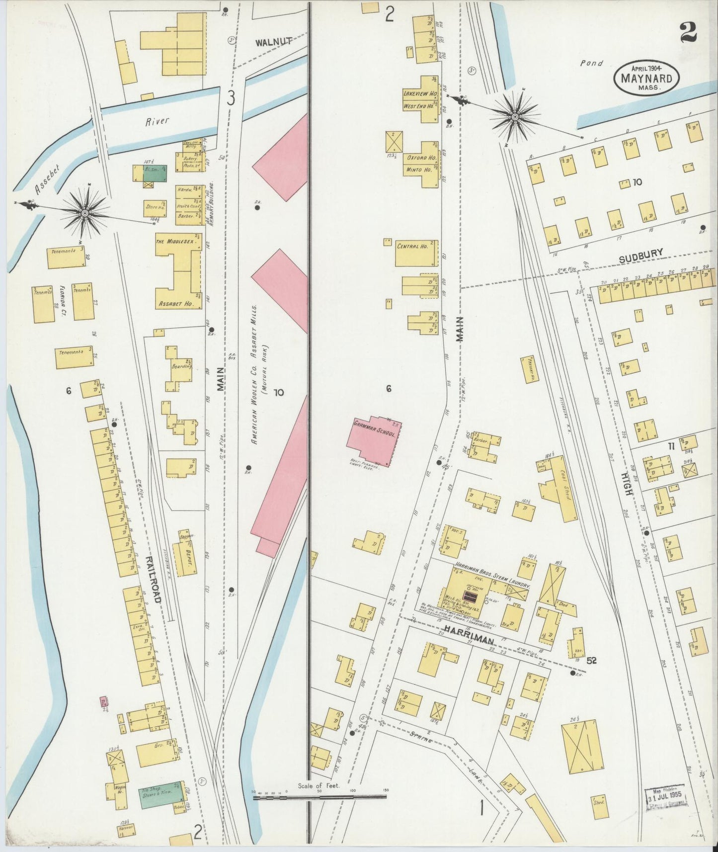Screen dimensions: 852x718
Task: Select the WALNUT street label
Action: (x=273, y=43)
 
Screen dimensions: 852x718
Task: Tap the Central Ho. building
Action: (x=416, y=253)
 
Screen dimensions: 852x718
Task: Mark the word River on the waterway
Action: (x=158, y=121)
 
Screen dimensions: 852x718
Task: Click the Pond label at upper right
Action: (x=591, y=63)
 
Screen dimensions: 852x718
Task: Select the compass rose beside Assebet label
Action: (x=85, y=213)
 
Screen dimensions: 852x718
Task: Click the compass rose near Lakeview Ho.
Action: (x=515, y=117)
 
